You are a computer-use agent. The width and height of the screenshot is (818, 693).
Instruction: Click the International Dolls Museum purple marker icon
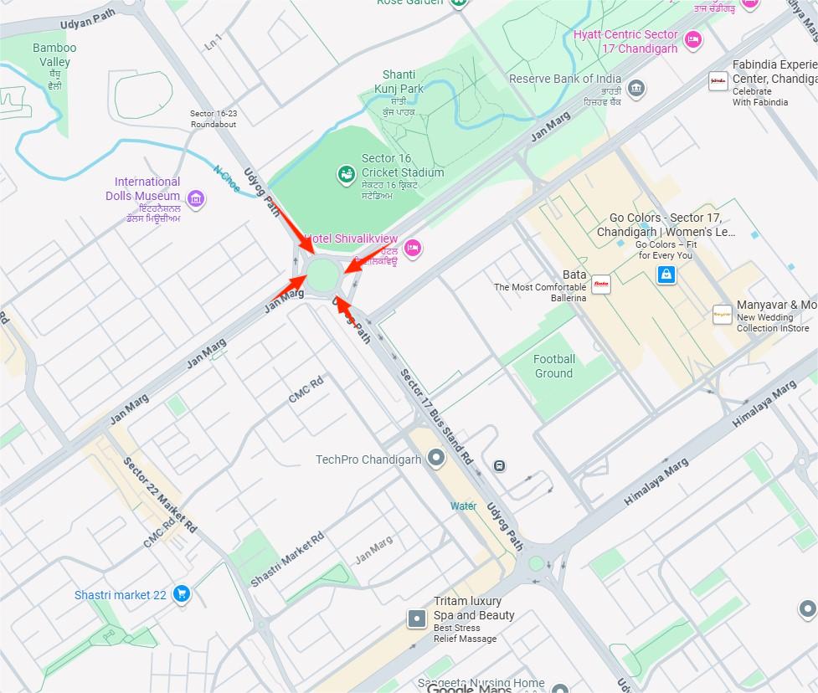[x=196, y=198]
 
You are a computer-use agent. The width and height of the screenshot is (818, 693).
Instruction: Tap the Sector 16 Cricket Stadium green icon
[x=345, y=174]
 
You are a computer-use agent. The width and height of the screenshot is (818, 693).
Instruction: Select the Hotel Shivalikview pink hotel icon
[x=412, y=247]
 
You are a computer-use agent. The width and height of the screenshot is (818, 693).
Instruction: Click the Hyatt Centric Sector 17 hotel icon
[x=692, y=38]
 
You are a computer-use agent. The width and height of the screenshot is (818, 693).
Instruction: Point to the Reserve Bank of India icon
[x=636, y=88]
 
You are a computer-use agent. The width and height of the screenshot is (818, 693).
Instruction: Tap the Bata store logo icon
[x=600, y=285]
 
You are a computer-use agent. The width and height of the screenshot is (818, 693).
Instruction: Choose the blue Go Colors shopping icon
[x=666, y=275]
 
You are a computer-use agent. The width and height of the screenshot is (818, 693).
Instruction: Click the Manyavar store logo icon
[x=721, y=314]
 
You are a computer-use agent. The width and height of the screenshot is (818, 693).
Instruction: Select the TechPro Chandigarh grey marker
[x=435, y=458]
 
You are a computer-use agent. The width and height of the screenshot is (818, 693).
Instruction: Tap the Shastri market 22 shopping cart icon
[x=181, y=594]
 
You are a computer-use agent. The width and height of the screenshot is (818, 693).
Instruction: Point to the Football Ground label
[x=554, y=367]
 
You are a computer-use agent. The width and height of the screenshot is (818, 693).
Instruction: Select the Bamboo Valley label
[x=54, y=55]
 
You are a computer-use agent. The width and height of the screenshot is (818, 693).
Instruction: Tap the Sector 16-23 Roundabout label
[x=213, y=119]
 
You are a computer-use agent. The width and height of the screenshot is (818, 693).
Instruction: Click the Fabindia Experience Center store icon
[x=718, y=81]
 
